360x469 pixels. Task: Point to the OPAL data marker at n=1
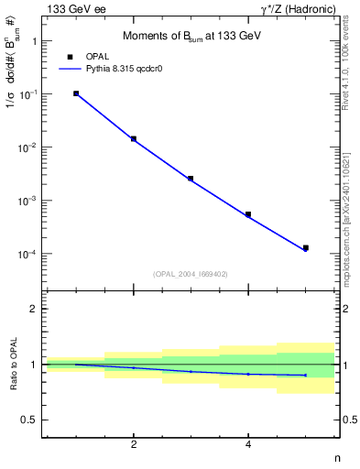pyautogui.click(x=76, y=93)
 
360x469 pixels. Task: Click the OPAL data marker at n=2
pyautogui.click(x=134, y=139)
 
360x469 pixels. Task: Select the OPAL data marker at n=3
pyautogui.click(x=191, y=179)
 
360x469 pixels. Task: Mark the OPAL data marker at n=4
pyautogui.click(x=248, y=214)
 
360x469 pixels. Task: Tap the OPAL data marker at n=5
pyautogui.click(x=306, y=247)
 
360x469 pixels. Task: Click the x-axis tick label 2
pyautogui.click(x=134, y=445)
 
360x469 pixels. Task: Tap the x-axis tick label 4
pyautogui.click(x=248, y=445)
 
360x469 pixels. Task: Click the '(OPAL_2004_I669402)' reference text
pyautogui.click(x=191, y=273)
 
